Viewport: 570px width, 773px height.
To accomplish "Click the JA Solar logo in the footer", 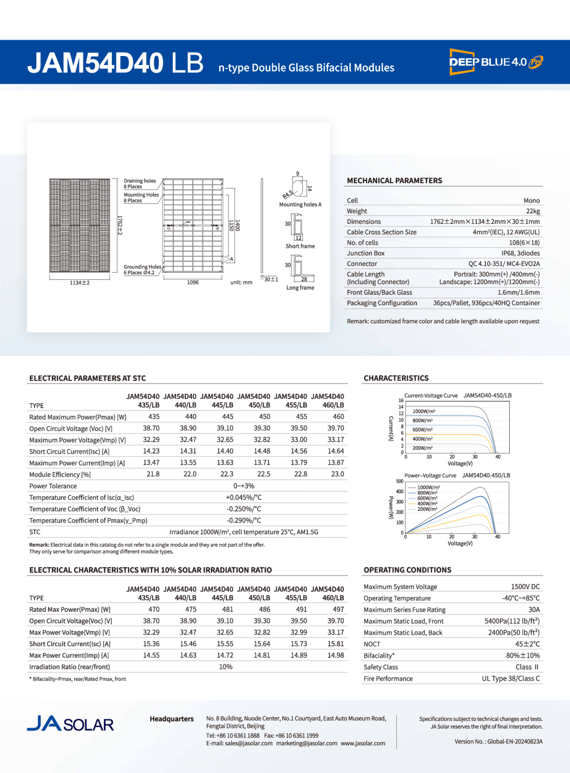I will [x=70, y=723].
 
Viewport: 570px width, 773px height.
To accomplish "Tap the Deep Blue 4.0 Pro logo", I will [x=496, y=62].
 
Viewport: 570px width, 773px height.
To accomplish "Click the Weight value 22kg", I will [x=533, y=211].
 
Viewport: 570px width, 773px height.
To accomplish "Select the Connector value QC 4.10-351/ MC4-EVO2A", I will [x=504, y=264].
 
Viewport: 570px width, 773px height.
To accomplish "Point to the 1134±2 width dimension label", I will [x=80, y=283].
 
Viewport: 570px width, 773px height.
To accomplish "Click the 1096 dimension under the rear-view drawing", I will [x=193, y=282].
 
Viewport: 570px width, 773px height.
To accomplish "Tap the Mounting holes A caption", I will [x=300, y=205].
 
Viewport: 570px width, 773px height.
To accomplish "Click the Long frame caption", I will [x=300, y=287].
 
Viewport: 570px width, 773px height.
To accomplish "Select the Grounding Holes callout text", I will [x=142, y=269].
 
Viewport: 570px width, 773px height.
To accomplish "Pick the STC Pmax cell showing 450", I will [x=264, y=417].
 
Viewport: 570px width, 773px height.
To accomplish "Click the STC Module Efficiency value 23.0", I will [x=337, y=474].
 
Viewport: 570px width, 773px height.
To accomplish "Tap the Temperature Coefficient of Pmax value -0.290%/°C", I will [x=244, y=520].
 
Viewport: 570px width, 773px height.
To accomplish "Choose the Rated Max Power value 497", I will [x=338, y=610].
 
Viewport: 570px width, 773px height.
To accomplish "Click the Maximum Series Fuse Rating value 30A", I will [x=534, y=610].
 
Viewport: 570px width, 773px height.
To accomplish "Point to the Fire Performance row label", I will [x=388, y=678].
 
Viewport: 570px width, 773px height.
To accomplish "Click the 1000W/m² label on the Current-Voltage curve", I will [x=423, y=411].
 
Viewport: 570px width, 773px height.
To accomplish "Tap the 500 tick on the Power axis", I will [x=399, y=481].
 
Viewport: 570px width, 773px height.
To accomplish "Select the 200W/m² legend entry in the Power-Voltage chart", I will [x=427, y=509].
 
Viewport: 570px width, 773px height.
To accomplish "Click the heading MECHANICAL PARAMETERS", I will [x=394, y=181].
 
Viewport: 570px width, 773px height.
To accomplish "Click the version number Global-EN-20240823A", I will [x=515, y=741].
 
